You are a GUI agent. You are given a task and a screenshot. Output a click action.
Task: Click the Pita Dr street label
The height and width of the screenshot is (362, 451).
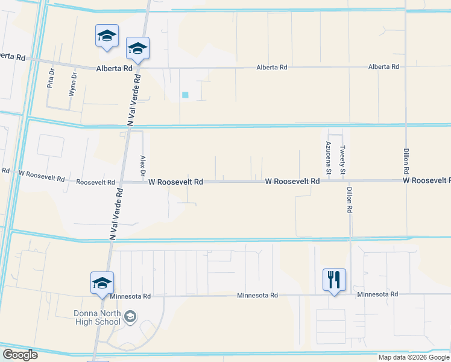coord(51,80)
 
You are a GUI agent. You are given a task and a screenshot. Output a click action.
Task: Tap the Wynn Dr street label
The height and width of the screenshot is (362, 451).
coord(74,83)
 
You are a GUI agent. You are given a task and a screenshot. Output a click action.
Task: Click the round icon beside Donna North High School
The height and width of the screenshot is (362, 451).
coord(130,317)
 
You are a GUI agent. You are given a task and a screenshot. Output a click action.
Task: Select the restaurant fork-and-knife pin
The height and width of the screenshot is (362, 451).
coord(334,279)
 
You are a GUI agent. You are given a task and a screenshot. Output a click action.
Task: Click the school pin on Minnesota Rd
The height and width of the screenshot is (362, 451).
coord(102,282)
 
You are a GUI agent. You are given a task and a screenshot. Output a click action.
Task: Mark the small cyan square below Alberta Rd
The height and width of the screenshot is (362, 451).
coord(185,95)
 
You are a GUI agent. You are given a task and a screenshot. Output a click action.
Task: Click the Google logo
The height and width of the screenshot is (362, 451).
coord(20,355)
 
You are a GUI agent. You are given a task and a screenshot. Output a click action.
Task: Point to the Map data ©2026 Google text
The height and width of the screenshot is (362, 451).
coord(414,357)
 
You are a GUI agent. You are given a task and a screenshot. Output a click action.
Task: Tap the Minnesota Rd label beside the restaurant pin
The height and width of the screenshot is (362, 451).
coord(377,294)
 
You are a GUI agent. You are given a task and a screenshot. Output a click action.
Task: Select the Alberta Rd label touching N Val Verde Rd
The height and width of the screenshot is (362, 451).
coord(114,69)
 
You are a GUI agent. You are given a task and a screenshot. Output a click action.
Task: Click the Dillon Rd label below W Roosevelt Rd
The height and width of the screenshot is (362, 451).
coord(348,200)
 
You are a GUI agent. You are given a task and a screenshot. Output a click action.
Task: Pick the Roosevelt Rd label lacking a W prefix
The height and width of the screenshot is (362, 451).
coord(95,182)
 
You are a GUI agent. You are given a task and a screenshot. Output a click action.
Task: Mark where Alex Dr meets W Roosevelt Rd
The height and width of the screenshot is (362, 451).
coord(143,182)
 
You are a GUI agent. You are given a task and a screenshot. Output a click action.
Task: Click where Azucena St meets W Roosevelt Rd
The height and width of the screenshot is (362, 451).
coord(329,180)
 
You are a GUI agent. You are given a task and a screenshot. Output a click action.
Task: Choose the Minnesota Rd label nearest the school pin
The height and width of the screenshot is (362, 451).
coord(130,296)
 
